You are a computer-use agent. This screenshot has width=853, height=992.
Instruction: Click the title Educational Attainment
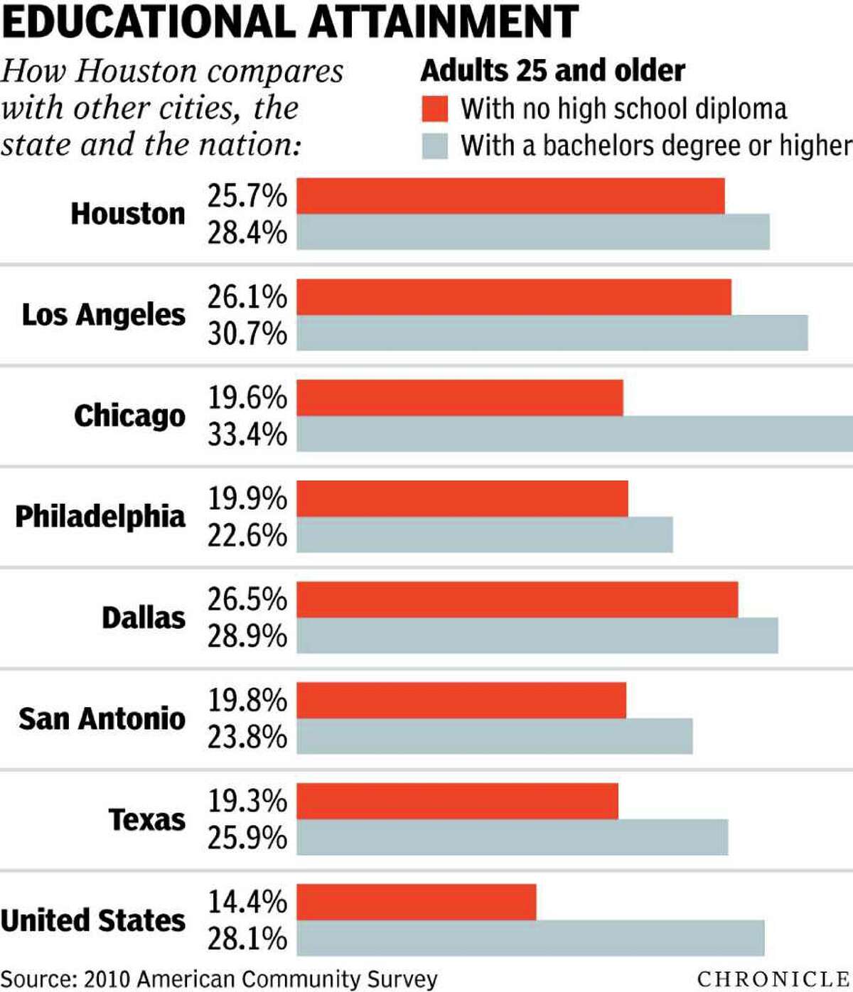pos(290,21)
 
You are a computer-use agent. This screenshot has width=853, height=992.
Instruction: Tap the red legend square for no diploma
pos(434,109)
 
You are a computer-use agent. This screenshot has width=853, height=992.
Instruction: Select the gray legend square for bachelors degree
pos(434,146)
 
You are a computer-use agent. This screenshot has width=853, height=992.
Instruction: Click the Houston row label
pos(128,214)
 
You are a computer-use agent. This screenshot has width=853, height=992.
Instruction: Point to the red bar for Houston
pos(510,196)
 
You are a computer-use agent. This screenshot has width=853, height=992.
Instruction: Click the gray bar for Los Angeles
pos(552,333)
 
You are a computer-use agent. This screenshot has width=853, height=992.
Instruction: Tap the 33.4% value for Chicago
pos(247,434)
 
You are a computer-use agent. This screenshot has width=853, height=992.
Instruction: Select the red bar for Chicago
pos(459,398)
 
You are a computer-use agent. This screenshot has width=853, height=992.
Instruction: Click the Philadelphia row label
pos(100,517)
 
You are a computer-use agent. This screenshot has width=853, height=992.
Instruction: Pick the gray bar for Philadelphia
pos(484,535)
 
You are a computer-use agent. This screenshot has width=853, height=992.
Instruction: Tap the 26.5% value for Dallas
pos(247,600)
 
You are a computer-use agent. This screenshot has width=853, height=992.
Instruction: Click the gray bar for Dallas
pos(537,636)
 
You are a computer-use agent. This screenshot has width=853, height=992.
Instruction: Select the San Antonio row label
pos(102,718)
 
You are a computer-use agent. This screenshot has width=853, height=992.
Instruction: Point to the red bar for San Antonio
pos(461,701)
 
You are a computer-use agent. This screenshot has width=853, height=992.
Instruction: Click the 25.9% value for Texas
pos(247,838)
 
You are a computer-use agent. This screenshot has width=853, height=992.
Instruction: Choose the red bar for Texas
pos(457,802)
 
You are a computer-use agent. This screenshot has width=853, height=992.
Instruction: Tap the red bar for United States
pos(416,902)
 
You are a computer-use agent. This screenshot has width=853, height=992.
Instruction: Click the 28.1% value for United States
pos(247,939)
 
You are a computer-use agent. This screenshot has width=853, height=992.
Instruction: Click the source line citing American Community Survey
pos(219,979)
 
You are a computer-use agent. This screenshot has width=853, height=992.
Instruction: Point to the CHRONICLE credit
pos(773,978)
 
